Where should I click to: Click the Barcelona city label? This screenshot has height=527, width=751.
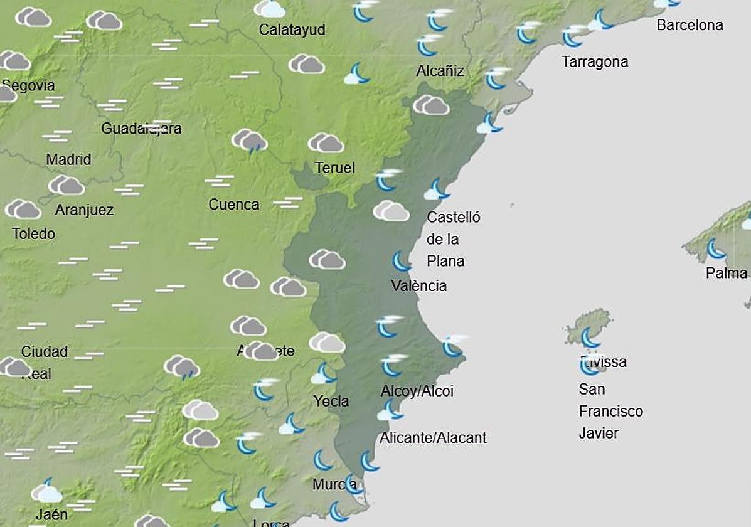[x=690, y=26]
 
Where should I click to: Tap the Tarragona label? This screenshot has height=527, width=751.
[x=595, y=62]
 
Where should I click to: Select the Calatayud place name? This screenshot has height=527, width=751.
[x=292, y=29]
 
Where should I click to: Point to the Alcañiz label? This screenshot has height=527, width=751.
[x=440, y=71]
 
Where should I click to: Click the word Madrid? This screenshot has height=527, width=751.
[x=68, y=160]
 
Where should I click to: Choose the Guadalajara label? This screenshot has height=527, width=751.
[x=141, y=129]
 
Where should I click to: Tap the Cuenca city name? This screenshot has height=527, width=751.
[x=233, y=205]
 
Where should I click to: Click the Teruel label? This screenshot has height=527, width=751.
[x=335, y=168]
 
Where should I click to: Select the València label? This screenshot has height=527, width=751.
[x=418, y=286]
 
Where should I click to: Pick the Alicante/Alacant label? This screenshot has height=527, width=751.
[x=433, y=438]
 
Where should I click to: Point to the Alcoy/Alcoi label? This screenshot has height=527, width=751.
[x=417, y=391]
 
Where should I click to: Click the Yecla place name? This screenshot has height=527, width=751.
[x=331, y=402]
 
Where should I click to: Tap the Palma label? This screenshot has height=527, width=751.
[x=726, y=274]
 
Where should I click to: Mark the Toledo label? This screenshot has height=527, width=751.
[x=33, y=234]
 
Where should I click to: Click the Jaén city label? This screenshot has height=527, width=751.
[x=51, y=515]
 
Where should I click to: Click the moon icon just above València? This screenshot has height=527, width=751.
[x=401, y=261]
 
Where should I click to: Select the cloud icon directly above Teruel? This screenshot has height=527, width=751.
[x=326, y=143]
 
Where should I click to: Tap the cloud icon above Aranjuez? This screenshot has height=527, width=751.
[x=67, y=185]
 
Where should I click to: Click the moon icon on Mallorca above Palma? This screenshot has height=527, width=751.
[x=715, y=249]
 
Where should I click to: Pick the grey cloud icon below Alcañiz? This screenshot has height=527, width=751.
[x=431, y=105]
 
